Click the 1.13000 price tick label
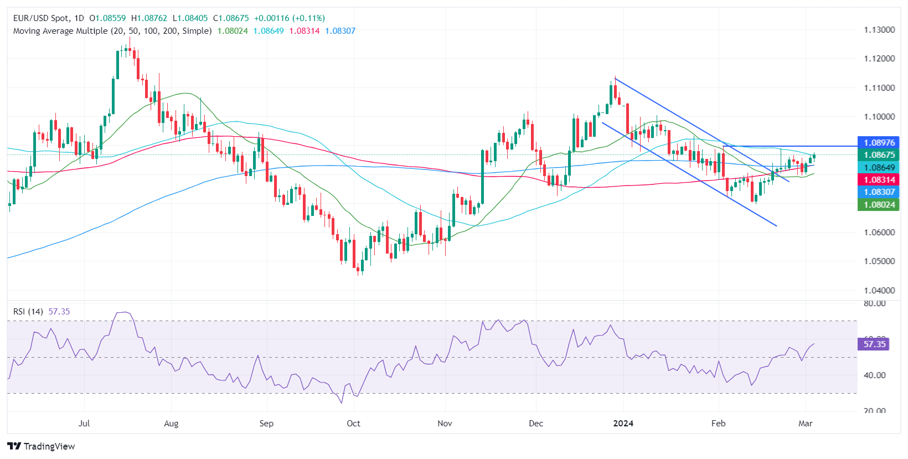(879, 30)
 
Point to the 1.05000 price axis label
(879, 261)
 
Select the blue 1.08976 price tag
(879, 143)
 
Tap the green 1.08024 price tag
(879, 205)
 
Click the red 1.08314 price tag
(879, 180)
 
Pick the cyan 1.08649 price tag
(879, 168)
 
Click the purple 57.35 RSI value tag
(874, 344)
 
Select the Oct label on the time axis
(353, 424)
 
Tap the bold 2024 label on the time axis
(623, 424)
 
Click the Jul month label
(84, 424)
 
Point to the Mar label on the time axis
(806, 424)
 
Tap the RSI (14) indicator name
(28, 312)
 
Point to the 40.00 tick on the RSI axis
(875, 375)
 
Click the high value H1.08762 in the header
(149, 18)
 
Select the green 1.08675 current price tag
(879, 155)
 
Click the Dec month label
(536, 424)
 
